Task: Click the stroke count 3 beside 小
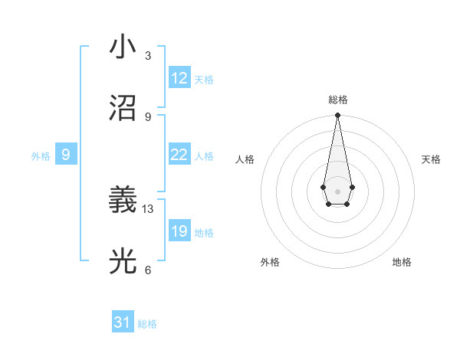148,56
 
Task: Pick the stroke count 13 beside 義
148,208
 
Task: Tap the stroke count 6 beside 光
148,270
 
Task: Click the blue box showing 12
179,78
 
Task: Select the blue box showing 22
179,155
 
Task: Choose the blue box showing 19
179,231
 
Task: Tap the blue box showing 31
123,322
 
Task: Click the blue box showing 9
66,155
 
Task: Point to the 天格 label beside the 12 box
204,80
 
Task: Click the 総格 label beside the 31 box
147,324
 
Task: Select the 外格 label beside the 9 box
41,156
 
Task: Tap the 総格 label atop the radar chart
337,100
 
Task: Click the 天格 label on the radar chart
431,159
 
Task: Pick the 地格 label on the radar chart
402,262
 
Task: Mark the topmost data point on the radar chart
337,116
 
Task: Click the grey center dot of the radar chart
337,191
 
